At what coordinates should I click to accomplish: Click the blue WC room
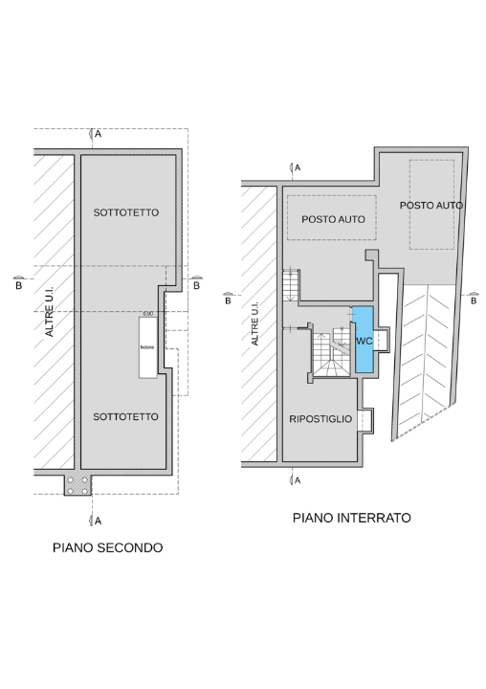363,340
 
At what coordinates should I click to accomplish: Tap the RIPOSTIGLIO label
320,419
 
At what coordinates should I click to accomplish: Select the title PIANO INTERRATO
351,518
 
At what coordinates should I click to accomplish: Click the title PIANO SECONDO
108,548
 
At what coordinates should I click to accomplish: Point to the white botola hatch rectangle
147,346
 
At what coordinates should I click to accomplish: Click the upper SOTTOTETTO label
126,211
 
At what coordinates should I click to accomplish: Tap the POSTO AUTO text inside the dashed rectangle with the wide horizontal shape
333,219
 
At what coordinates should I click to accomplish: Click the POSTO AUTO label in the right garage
431,205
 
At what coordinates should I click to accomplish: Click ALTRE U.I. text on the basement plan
254,325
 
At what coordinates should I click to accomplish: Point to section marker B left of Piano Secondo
17,282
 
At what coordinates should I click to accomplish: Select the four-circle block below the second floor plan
78,485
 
